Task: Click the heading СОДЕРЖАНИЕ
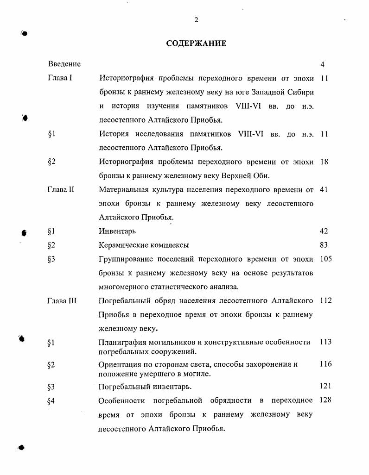point(196,44)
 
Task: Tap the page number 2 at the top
point(196,19)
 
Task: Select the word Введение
point(64,64)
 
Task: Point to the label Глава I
point(60,78)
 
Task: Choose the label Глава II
point(61,189)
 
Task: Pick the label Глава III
point(62,300)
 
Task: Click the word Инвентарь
point(117,231)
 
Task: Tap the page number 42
point(324,231)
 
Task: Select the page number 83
point(324,245)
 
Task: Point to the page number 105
point(326,259)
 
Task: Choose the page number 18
point(324,162)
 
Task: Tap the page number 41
point(324,189)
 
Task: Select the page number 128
point(326,400)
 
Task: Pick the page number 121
point(326,386)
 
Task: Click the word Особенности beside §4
point(121,400)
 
